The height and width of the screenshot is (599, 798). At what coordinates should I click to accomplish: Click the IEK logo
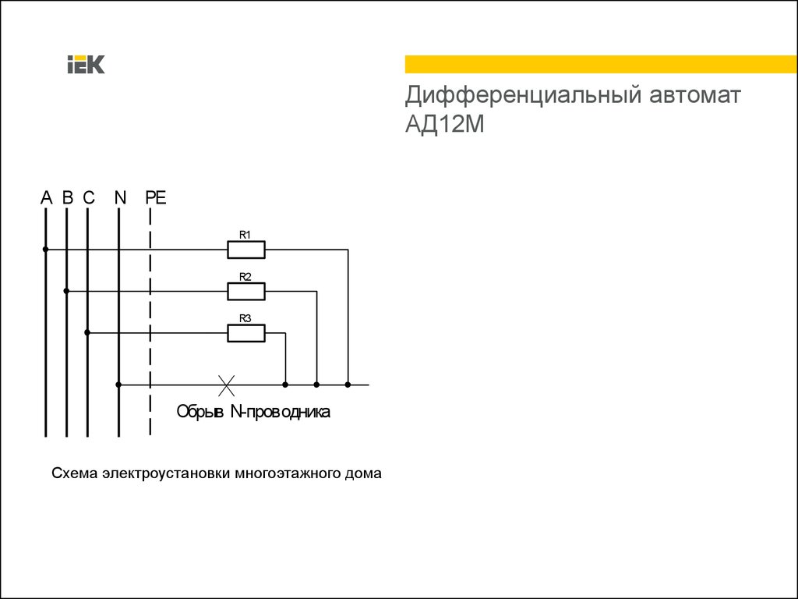tap(86, 65)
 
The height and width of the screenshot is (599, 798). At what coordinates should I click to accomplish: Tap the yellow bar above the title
tap(601, 64)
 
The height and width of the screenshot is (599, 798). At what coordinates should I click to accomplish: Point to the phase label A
tap(46, 197)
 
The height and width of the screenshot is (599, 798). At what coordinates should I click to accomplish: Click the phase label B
tap(67, 197)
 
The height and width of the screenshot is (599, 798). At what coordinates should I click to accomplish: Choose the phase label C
tap(88, 197)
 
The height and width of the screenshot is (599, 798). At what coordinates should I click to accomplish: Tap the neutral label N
tap(119, 197)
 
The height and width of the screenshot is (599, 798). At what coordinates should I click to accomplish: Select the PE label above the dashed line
tap(155, 197)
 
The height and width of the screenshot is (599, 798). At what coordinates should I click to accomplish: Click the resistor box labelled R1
tap(246, 250)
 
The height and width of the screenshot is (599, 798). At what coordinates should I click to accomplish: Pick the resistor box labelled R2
tap(246, 292)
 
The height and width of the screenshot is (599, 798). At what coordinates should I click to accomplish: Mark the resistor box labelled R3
tap(246, 333)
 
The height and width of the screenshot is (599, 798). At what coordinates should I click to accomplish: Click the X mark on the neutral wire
tap(226, 384)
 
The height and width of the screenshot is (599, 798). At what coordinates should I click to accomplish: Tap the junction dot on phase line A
tap(46, 250)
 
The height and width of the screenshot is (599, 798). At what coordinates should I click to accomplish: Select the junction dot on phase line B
tap(67, 292)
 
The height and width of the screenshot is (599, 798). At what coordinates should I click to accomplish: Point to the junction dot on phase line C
tap(87, 333)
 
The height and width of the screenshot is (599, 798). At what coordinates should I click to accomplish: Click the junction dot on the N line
tap(118, 385)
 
